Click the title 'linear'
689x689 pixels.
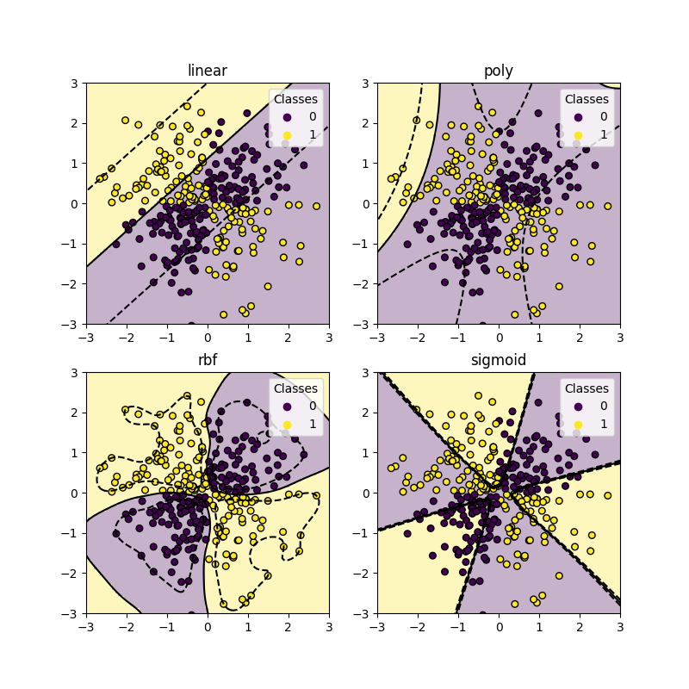click(x=207, y=71)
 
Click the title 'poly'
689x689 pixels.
click(x=499, y=71)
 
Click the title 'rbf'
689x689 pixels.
click(x=207, y=360)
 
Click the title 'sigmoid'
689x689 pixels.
click(x=499, y=360)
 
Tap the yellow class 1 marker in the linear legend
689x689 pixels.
click(x=286, y=134)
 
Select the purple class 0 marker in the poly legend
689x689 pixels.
click(x=577, y=116)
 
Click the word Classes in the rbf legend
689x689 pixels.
click(x=295, y=388)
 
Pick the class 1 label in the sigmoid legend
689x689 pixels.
click(x=603, y=425)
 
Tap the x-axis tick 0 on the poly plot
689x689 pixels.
click(x=499, y=336)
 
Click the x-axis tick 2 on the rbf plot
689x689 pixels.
click(x=288, y=625)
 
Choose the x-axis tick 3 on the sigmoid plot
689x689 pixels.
click(x=619, y=625)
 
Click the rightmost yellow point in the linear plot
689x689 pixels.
click(x=316, y=206)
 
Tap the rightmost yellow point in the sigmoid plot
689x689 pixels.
click(x=607, y=495)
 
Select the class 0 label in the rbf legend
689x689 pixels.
click(x=312, y=407)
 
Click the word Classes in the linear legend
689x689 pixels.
click(x=295, y=99)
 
